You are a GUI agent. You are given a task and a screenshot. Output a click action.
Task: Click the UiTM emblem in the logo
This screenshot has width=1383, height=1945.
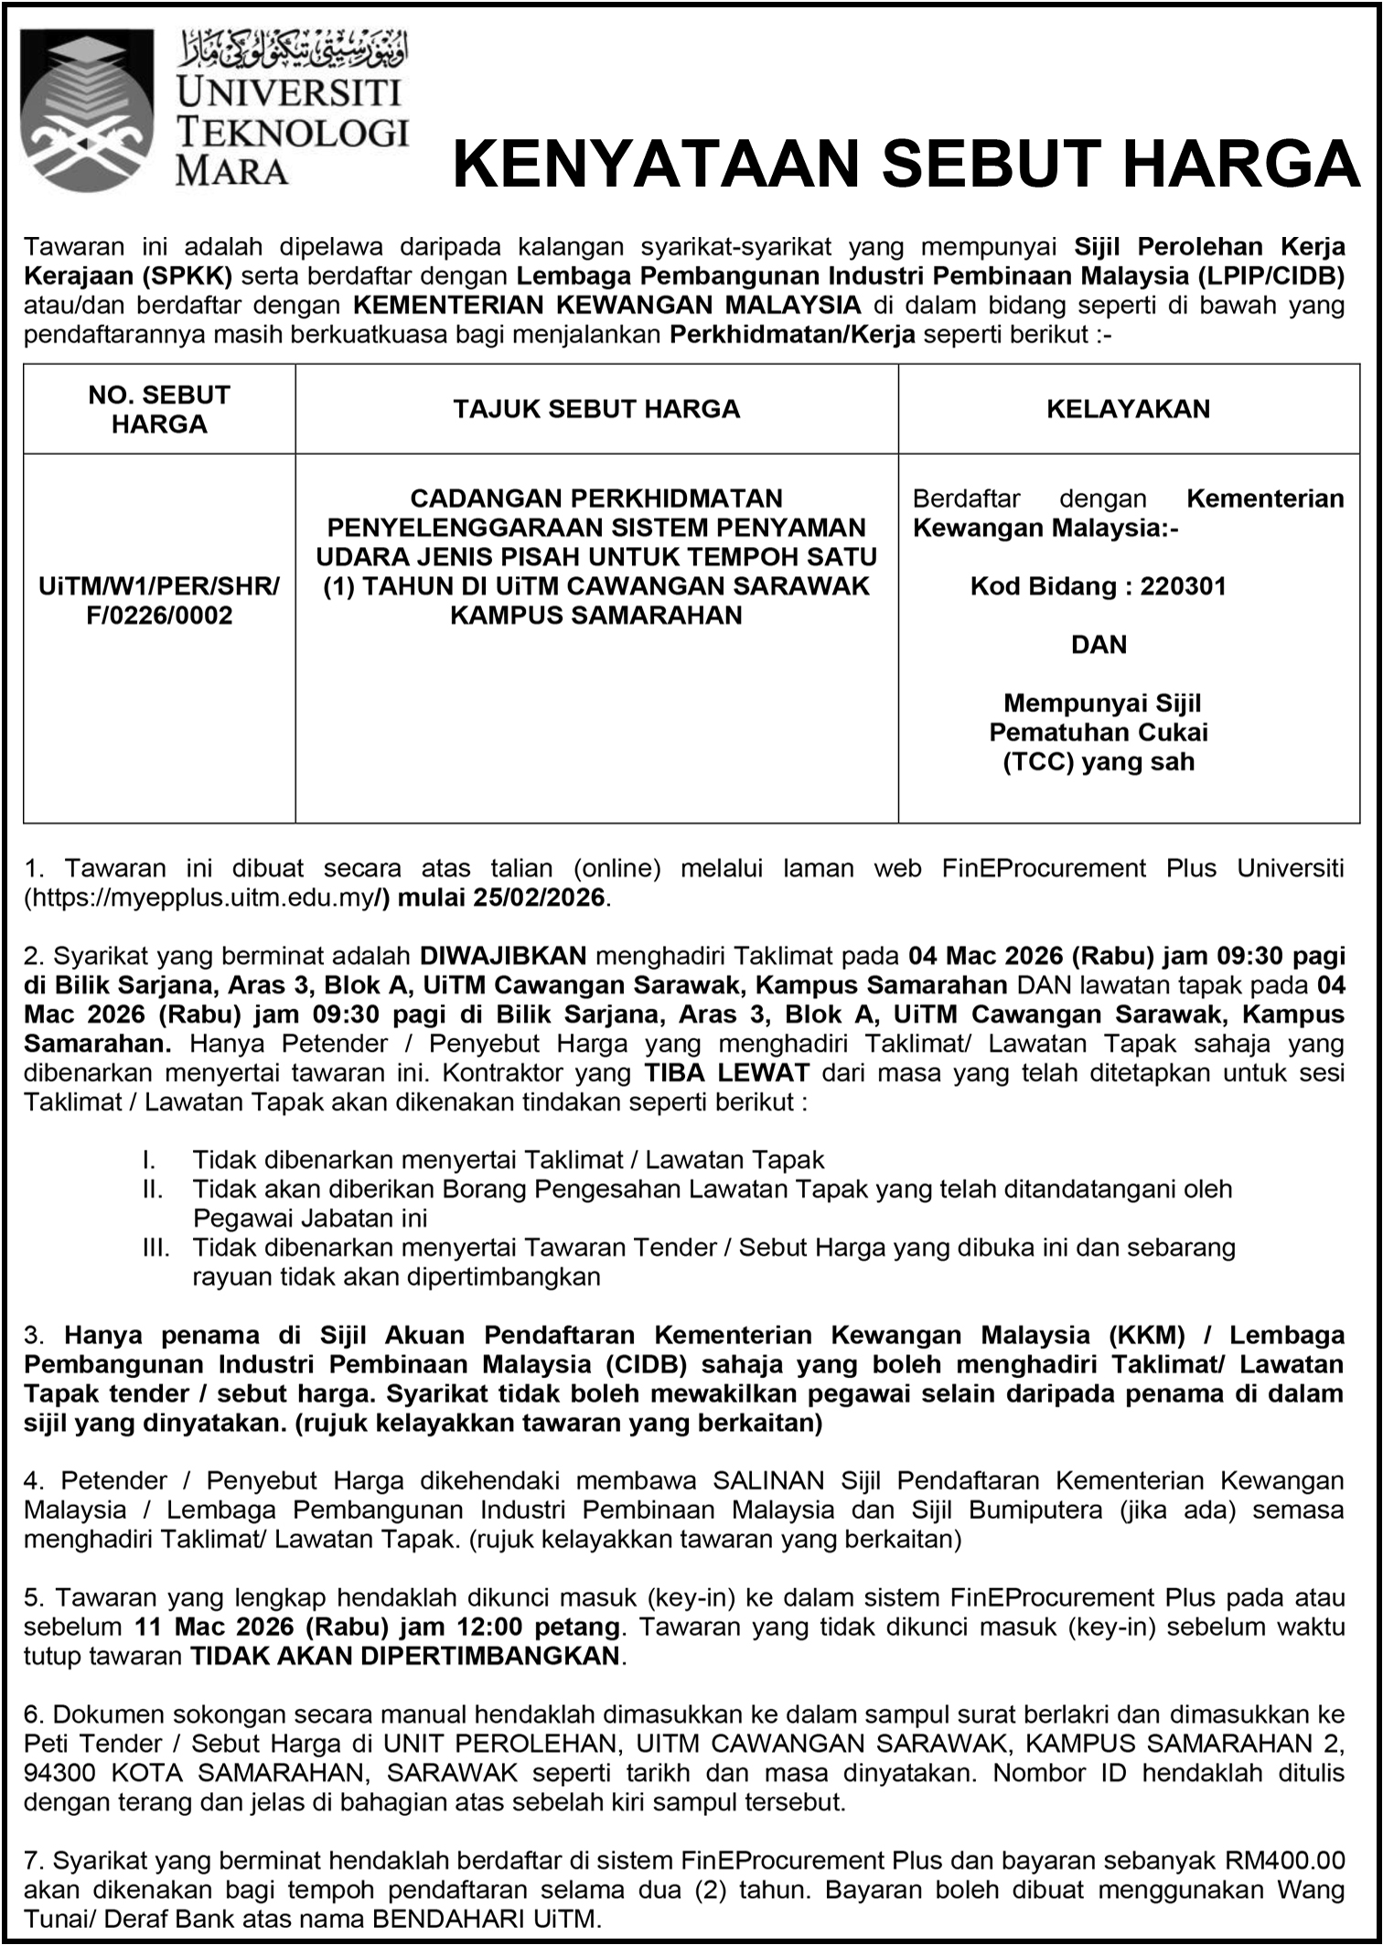(x=86, y=110)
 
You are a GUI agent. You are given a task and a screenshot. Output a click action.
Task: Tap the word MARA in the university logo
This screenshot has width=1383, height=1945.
(x=231, y=171)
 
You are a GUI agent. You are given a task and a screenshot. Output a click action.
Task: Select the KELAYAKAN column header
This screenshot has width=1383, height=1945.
(x=1128, y=409)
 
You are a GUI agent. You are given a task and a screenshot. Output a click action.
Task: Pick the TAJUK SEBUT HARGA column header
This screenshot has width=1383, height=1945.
(x=596, y=409)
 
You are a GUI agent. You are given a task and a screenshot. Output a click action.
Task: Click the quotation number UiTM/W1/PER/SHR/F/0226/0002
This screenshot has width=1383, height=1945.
(x=159, y=601)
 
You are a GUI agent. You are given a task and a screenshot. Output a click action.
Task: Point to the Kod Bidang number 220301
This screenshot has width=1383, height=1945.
(x=1183, y=586)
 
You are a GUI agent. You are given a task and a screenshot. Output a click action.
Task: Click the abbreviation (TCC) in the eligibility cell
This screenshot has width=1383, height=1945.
(x=1037, y=762)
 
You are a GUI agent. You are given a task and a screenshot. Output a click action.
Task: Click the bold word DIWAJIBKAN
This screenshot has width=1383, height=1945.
(x=503, y=956)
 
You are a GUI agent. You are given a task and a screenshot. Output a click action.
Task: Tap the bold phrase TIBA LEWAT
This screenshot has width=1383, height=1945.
(x=726, y=1072)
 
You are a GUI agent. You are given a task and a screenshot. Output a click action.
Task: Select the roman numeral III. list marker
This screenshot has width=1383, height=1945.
(x=155, y=1248)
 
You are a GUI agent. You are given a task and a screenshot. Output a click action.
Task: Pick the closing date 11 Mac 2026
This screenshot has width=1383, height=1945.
(x=214, y=1628)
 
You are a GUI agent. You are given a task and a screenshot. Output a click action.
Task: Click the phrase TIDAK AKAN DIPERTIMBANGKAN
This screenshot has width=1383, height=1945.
(x=405, y=1657)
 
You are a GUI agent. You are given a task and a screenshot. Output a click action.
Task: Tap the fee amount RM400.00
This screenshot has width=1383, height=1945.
(x=1285, y=1861)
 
